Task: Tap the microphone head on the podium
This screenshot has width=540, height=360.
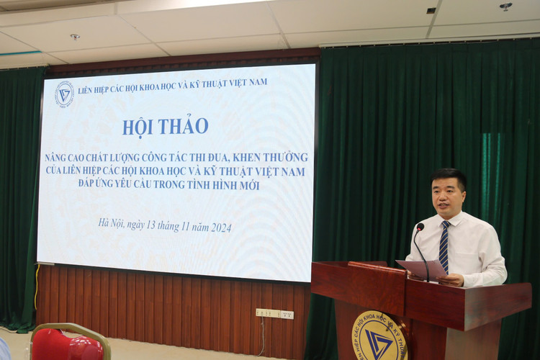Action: [x=420, y=228]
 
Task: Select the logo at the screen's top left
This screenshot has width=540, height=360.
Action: [x=64, y=94]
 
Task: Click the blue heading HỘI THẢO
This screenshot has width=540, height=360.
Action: [x=165, y=126]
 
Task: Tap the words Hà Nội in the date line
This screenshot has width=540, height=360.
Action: [x=112, y=222]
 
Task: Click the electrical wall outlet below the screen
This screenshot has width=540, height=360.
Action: [x=275, y=314]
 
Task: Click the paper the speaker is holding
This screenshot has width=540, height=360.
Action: [x=421, y=269]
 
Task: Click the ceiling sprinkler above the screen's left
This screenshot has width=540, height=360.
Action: [x=75, y=37]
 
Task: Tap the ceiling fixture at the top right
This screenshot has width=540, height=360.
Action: [x=506, y=6]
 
